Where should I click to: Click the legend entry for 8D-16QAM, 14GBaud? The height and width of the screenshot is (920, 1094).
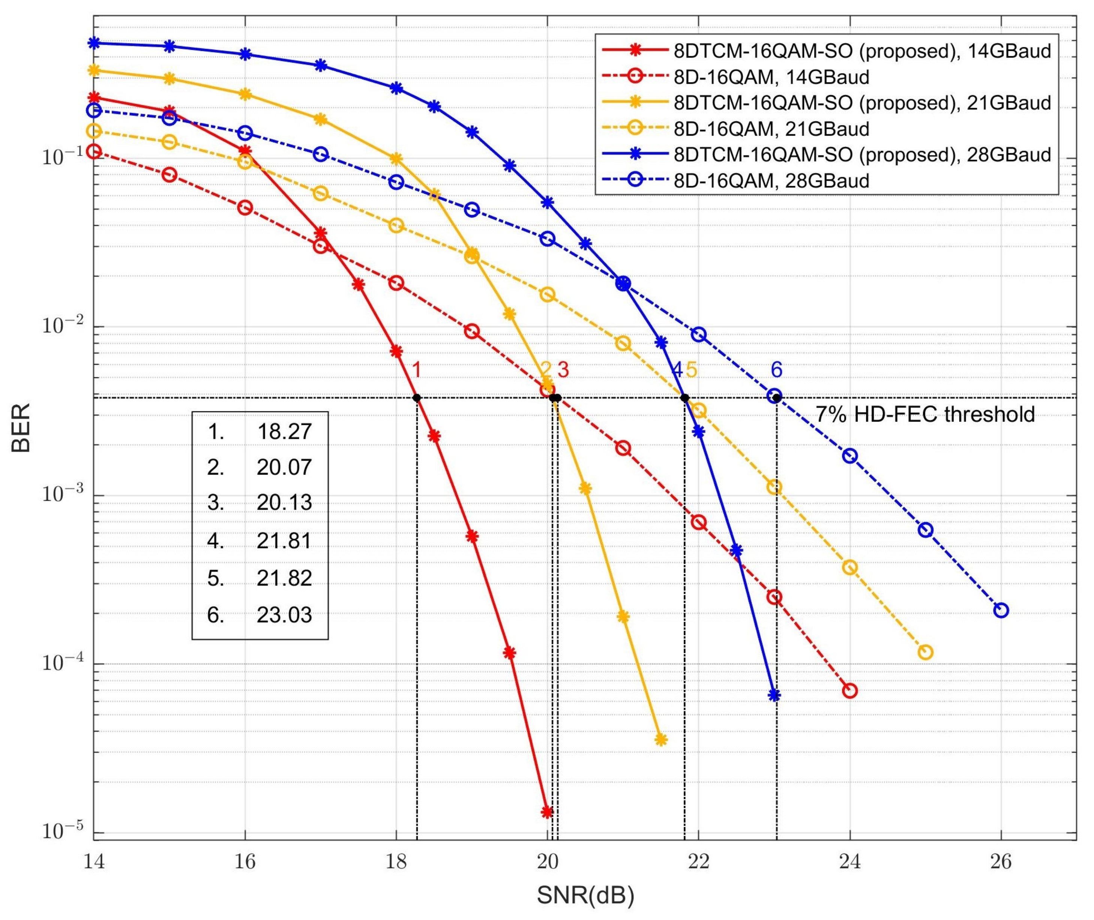(771, 77)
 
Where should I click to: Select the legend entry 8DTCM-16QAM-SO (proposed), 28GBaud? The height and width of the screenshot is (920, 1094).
(862, 155)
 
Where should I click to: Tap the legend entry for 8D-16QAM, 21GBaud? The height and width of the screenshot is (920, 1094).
(771, 129)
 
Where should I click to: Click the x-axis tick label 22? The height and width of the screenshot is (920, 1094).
(699, 862)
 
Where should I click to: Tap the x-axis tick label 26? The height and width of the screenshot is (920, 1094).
(1001, 862)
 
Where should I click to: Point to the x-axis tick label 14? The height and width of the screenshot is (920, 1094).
(94, 862)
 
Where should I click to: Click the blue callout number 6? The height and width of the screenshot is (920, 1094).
(776, 370)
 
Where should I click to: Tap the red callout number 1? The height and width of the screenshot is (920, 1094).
(416, 370)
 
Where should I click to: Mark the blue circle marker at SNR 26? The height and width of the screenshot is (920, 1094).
(1001, 610)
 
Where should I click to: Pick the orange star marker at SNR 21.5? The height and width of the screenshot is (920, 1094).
(661, 739)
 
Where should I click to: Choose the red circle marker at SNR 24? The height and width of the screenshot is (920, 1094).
(850, 691)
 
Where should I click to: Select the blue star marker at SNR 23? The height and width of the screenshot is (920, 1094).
(775, 695)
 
